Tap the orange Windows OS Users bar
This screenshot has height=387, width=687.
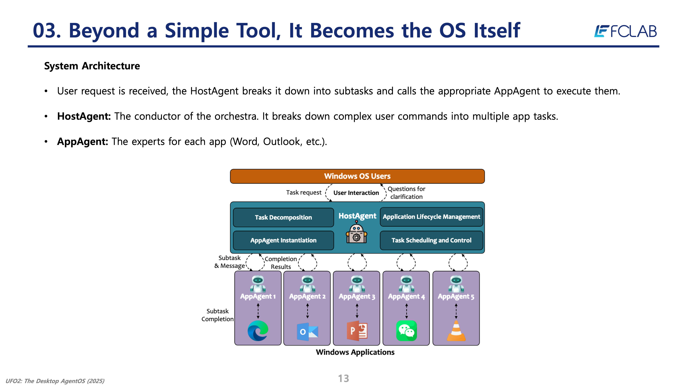pyautogui.click(x=357, y=176)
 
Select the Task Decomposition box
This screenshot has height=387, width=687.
pyautogui.click(x=283, y=217)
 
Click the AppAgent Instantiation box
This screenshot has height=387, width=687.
pyautogui.click(x=283, y=240)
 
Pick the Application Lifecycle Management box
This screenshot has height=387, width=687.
pyautogui.click(x=431, y=217)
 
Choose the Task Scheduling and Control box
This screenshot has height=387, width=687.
pyautogui.click(x=431, y=240)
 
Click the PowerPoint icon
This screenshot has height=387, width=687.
pyautogui.click(x=357, y=331)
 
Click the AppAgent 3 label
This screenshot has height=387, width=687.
pyautogui.click(x=357, y=297)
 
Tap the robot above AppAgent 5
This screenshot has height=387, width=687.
pyautogui.click(x=456, y=284)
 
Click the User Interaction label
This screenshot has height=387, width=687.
pyautogui.click(x=356, y=193)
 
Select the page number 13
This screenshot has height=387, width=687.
pyautogui.click(x=343, y=378)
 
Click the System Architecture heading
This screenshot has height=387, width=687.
pyautogui.click(x=92, y=66)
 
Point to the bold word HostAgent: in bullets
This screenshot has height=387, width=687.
pyautogui.click(x=84, y=116)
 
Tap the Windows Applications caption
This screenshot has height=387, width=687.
pyautogui.click(x=355, y=352)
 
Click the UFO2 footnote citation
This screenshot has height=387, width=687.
pyautogui.click(x=55, y=381)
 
